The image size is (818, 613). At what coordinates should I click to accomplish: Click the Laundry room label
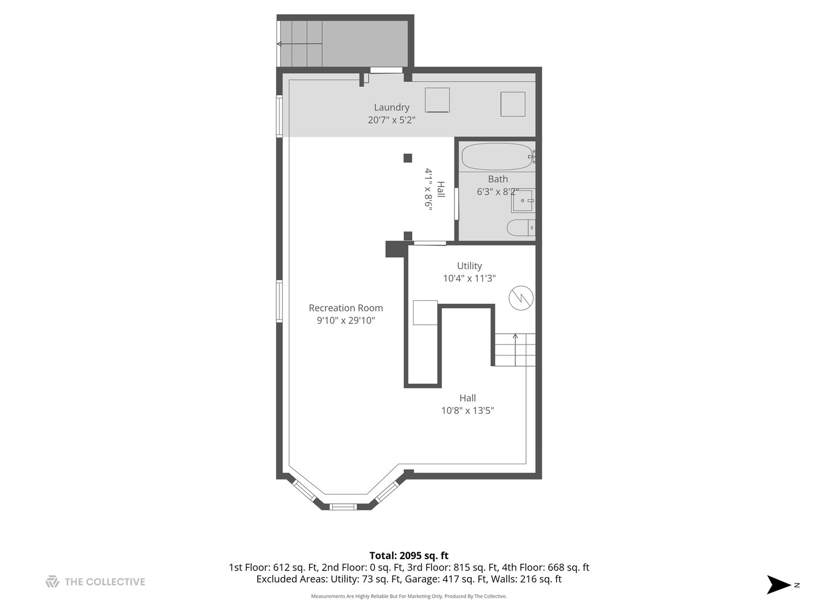[391, 107]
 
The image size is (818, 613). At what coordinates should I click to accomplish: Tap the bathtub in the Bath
[496, 157]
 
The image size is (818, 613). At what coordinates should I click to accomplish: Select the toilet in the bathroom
[520, 228]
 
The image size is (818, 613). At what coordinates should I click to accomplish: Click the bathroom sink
[522, 201]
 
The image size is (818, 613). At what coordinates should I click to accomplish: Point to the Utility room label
[469, 266]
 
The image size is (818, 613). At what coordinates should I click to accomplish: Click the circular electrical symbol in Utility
[521, 297]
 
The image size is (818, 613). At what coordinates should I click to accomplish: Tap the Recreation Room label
[345, 308]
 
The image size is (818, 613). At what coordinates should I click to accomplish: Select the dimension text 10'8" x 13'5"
[468, 410]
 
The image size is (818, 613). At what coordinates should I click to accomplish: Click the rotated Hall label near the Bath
[441, 190]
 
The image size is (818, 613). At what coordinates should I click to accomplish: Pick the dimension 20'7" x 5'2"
[391, 120]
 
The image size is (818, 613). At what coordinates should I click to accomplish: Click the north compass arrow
[779, 585]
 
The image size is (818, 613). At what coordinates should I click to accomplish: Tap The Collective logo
[52, 581]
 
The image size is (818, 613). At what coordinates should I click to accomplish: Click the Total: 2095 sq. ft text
[408, 556]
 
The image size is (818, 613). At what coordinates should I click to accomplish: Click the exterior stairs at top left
[301, 44]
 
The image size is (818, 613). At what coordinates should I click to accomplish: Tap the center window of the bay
[343, 506]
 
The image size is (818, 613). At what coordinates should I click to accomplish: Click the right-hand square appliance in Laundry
[512, 104]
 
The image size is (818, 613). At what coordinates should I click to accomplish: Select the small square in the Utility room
[425, 312]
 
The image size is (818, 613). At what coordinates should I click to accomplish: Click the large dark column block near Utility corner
[395, 249]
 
